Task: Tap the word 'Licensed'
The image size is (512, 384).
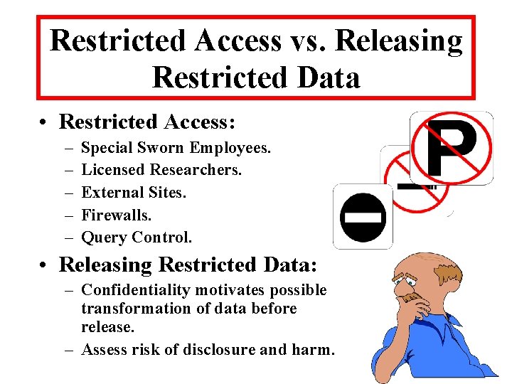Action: pos(113,170)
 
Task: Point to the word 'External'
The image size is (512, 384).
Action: pos(113,192)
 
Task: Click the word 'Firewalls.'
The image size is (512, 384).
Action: pos(117,214)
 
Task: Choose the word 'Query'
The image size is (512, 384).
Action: pos(103,237)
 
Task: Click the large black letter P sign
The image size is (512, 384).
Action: pos(451,147)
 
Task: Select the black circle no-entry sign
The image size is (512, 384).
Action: pos(363,216)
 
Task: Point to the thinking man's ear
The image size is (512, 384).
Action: pos(447,278)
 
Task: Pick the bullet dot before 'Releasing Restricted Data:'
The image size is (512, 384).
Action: pos(44,265)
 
